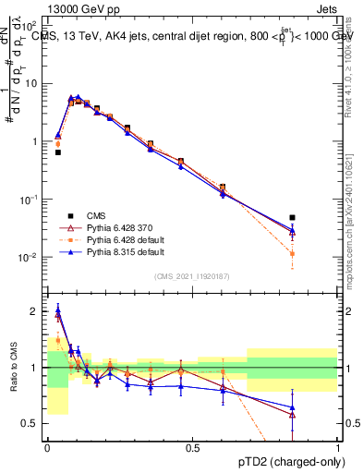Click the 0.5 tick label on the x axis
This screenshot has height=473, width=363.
click(x=192, y=446)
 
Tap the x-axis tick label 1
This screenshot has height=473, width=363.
click(x=338, y=446)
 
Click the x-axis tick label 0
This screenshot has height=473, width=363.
click(x=47, y=446)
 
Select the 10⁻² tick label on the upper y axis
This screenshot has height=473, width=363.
click(x=30, y=257)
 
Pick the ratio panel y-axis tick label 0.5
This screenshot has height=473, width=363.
click(x=32, y=424)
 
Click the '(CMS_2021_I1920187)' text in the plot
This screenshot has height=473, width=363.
click(x=192, y=275)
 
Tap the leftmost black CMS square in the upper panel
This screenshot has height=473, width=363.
click(x=58, y=152)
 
